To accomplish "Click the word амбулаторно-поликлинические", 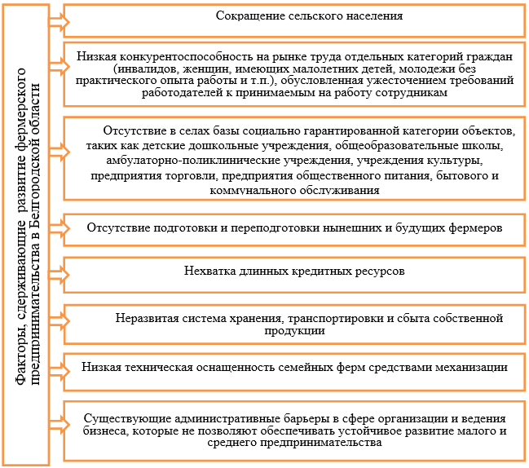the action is (x=195, y=161).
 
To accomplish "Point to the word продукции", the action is (x=294, y=330).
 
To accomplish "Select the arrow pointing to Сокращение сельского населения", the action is (x=59, y=22).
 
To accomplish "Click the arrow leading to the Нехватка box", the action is (x=59, y=274).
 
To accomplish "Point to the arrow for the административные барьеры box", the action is (x=59, y=425).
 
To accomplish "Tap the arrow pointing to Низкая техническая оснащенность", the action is (x=59, y=371).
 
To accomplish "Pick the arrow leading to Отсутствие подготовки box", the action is (x=59, y=228).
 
